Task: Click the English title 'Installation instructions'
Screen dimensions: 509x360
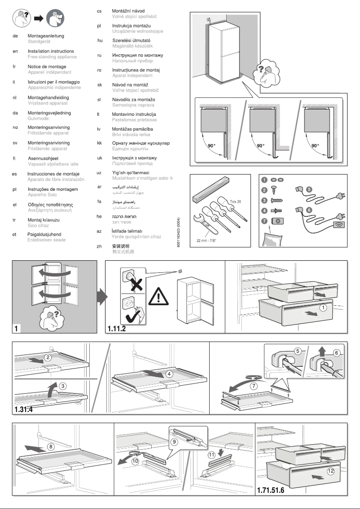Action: click(x=50, y=52)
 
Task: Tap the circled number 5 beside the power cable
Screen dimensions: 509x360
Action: click(x=309, y=190)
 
